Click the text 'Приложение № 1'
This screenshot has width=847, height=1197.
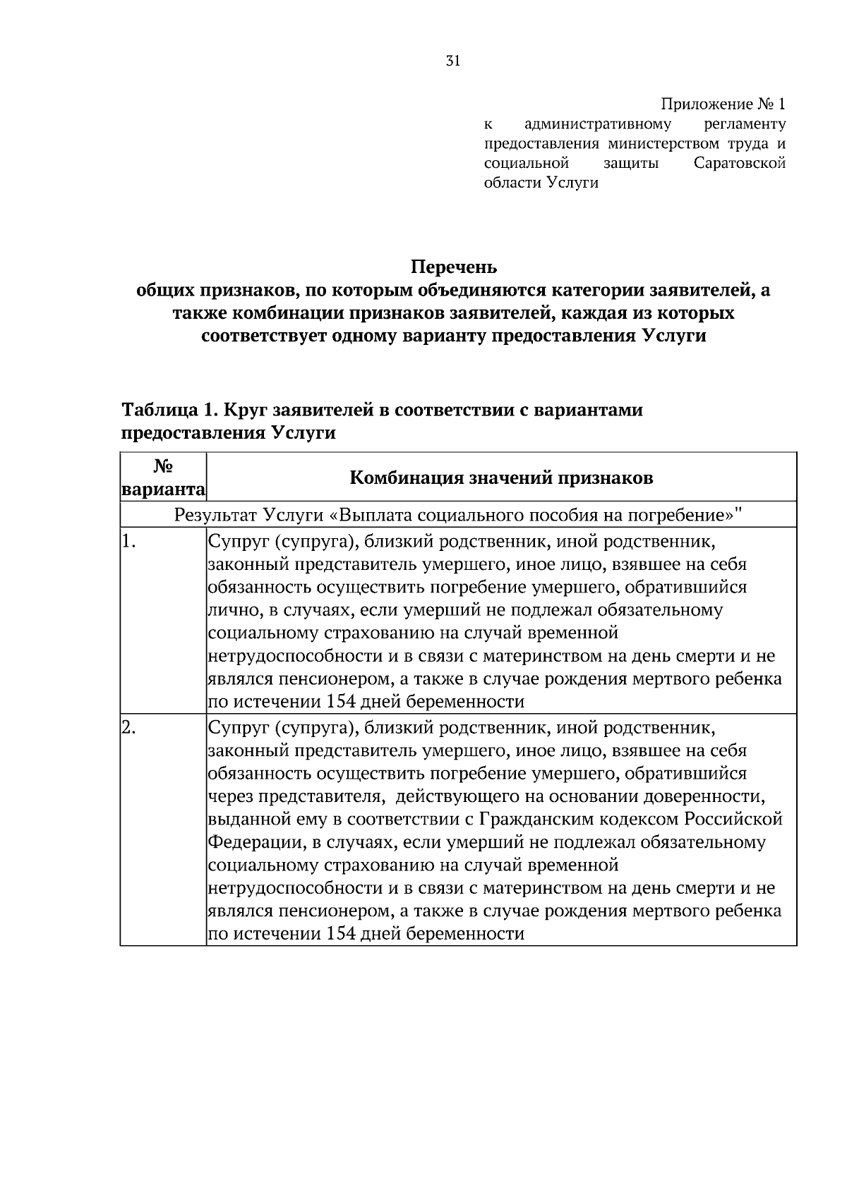tap(723, 105)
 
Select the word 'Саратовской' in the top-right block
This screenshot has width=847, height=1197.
tap(740, 164)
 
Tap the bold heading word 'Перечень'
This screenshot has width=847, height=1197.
tap(454, 268)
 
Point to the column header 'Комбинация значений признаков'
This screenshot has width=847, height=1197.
tap(501, 478)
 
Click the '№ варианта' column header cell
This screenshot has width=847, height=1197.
tap(163, 478)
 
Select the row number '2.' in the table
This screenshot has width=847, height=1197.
tap(128, 727)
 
